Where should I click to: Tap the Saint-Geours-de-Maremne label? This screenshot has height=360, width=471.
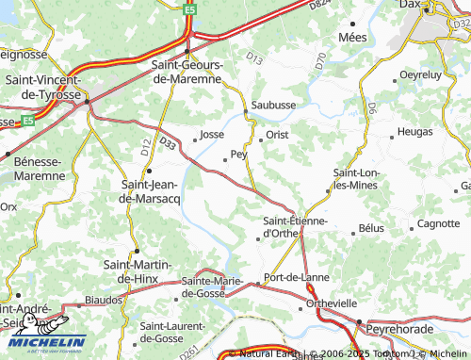pos(187,72)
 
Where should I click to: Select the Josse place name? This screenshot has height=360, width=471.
pos(212,135)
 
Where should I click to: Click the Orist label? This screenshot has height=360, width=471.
pos(277,135)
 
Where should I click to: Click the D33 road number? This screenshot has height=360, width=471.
pos(168,143)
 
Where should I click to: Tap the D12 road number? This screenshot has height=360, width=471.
pos(145,147)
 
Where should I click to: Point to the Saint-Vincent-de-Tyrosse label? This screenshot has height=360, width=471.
pos(45,89)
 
